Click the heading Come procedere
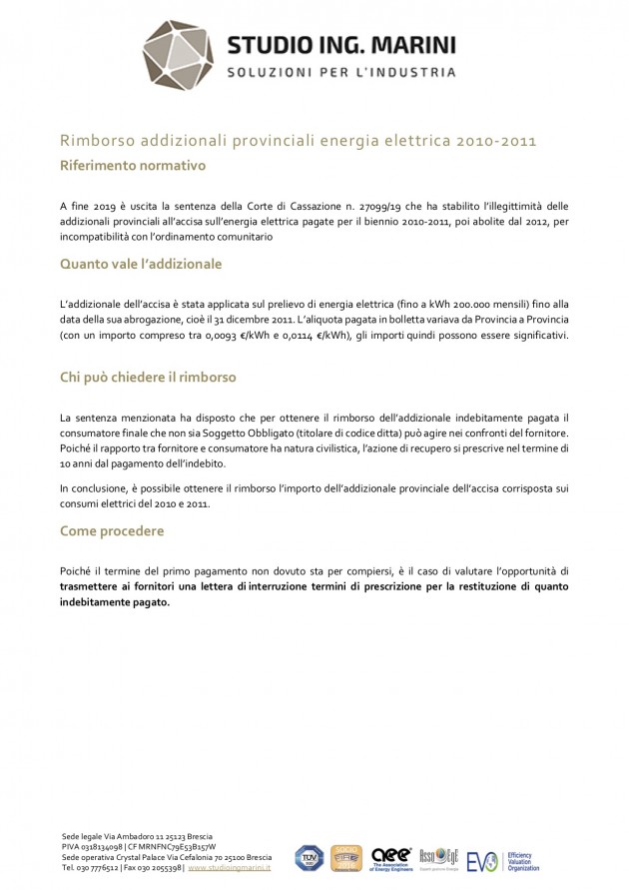pyautogui.click(x=112, y=531)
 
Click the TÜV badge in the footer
pyautogui.click(x=309, y=857)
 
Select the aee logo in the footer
pyautogui.click(x=390, y=857)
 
